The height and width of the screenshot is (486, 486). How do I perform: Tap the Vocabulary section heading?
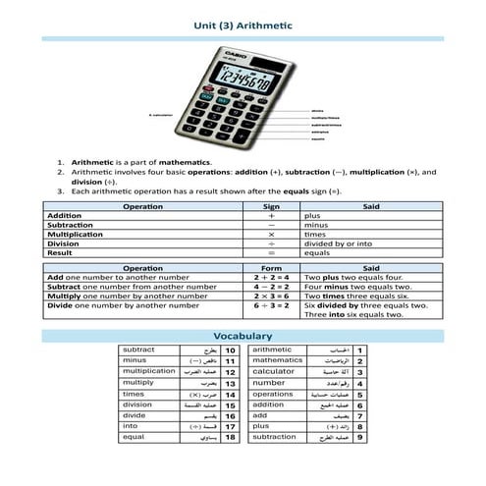(242, 336)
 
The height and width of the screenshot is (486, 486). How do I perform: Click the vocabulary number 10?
(231, 350)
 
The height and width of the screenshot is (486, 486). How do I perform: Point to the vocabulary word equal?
(135, 436)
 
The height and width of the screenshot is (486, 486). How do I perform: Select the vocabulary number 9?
(360, 437)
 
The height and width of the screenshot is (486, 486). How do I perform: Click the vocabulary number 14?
(231, 394)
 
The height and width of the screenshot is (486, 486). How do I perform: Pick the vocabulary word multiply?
(138, 383)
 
